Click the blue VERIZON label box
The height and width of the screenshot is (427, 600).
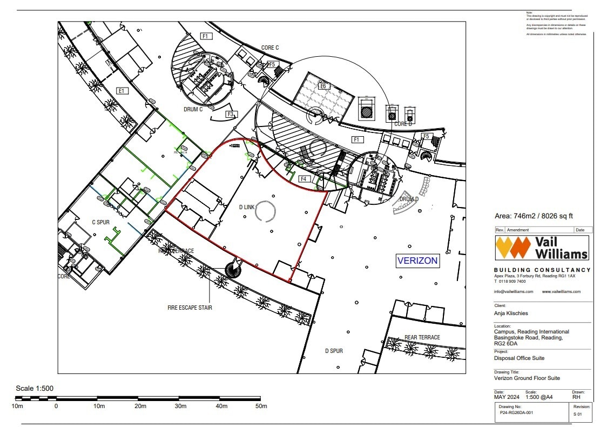(418, 261)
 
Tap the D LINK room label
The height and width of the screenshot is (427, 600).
(246, 207)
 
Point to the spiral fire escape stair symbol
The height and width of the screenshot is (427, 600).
(234, 268)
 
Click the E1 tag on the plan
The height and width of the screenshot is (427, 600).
(122, 91)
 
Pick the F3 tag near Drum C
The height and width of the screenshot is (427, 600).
(231, 115)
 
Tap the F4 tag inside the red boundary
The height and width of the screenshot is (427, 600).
(303, 179)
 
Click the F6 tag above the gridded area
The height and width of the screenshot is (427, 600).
(323, 86)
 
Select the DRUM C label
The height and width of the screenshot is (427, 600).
(193, 109)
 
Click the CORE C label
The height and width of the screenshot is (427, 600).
(269, 48)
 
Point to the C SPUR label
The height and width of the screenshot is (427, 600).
(101, 222)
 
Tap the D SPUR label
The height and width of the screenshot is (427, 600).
(334, 351)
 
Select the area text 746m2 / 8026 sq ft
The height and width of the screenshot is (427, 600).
(534, 216)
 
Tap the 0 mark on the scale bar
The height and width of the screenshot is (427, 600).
(56, 406)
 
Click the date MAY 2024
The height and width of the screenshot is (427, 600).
(505, 397)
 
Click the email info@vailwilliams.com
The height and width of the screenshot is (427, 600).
(514, 291)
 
